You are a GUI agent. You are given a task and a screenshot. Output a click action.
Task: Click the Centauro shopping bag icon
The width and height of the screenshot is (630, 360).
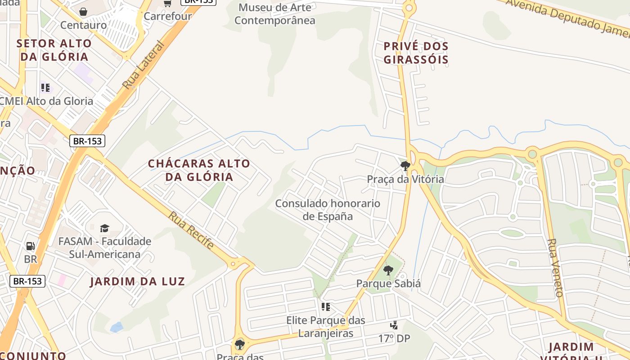tap(83, 11)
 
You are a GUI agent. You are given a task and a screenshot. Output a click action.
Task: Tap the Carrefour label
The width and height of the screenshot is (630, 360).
tap(168, 16)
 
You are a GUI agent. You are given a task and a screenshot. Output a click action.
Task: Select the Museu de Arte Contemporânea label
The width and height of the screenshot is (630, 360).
tap(275, 14)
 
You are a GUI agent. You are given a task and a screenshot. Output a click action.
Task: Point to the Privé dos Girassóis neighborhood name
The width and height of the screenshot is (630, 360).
tap(416, 53)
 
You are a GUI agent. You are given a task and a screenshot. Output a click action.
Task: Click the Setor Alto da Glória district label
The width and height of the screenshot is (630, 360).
tap(54, 50)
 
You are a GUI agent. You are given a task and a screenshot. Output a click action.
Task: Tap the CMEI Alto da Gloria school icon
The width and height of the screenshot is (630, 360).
tap(45, 87)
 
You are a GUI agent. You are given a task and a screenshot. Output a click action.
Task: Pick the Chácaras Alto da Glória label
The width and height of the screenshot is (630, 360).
tap(199, 170)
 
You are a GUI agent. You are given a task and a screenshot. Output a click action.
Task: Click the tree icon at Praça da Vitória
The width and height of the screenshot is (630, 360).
tap(405, 166)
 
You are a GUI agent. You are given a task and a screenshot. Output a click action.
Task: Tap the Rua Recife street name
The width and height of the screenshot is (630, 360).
tap(191, 230)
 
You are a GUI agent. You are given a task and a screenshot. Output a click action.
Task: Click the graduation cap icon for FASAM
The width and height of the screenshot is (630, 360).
tap(104, 228)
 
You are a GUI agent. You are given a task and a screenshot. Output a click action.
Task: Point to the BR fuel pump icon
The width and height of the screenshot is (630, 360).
tap(30, 246)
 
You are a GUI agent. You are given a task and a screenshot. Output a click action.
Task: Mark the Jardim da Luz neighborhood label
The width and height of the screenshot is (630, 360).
tap(137, 282)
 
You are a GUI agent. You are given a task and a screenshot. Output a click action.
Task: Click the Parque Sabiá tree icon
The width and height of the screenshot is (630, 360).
tap(388, 270)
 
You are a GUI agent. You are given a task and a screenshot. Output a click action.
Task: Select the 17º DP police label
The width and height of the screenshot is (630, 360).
tap(394, 338)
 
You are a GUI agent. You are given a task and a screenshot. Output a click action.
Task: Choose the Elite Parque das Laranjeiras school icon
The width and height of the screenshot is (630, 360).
tap(325, 307)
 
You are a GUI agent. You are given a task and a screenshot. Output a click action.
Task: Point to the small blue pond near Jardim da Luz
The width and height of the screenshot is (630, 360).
tap(117, 327)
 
